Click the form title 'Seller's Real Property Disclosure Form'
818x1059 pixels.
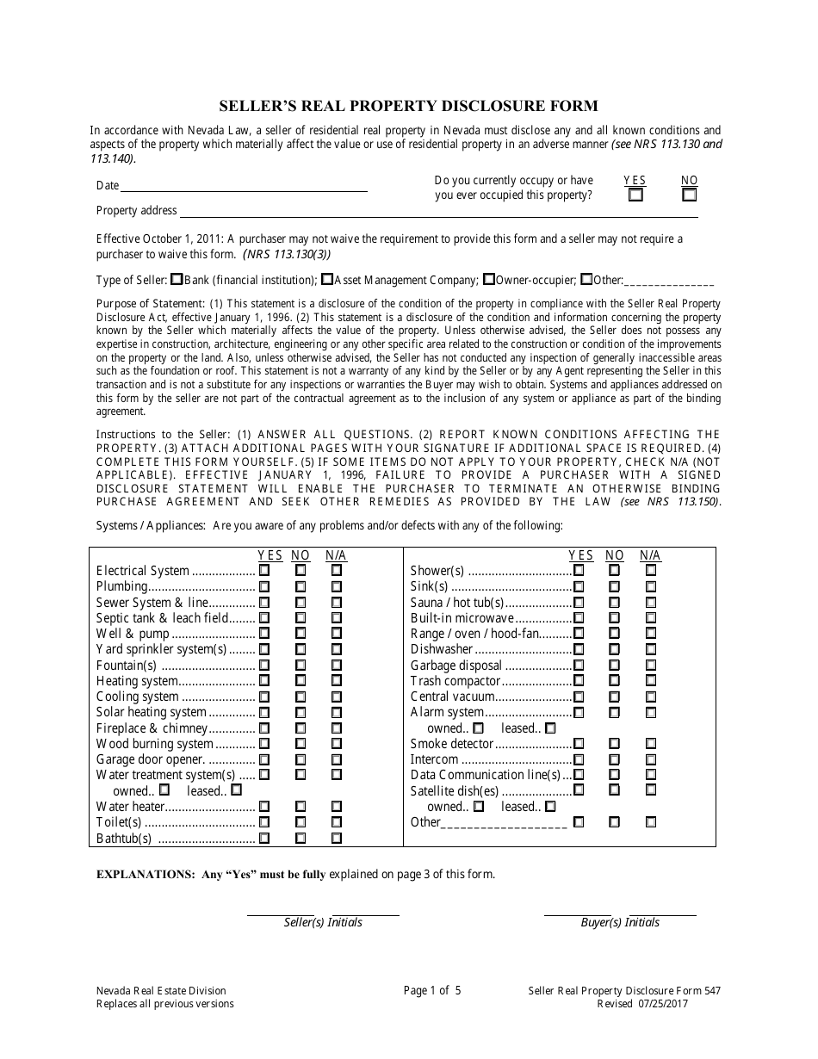tap(408, 106)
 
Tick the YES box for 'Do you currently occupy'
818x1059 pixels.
tap(635, 195)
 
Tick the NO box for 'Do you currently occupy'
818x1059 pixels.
tap(690, 195)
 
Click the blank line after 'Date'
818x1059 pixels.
tap(244, 186)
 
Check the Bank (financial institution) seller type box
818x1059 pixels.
tap(177, 279)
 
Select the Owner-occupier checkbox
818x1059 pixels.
tap(488, 279)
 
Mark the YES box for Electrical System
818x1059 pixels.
tap(264, 570)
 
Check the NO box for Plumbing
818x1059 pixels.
tap(301, 586)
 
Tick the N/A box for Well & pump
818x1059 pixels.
tap(337, 634)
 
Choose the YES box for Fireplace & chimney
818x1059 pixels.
tap(264, 728)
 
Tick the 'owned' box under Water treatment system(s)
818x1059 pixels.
tap(164, 790)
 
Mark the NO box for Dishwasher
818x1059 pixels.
tap(614, 649)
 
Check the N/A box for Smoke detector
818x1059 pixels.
tap(651, 743)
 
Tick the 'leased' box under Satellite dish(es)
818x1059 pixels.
tap(549, 806)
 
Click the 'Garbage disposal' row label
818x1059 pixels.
tap(455, 666)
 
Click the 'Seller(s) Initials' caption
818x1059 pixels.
tap(323, 922)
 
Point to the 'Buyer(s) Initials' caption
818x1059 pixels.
tap(620, 922)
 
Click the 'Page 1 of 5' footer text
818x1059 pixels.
tap(432, 990)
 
